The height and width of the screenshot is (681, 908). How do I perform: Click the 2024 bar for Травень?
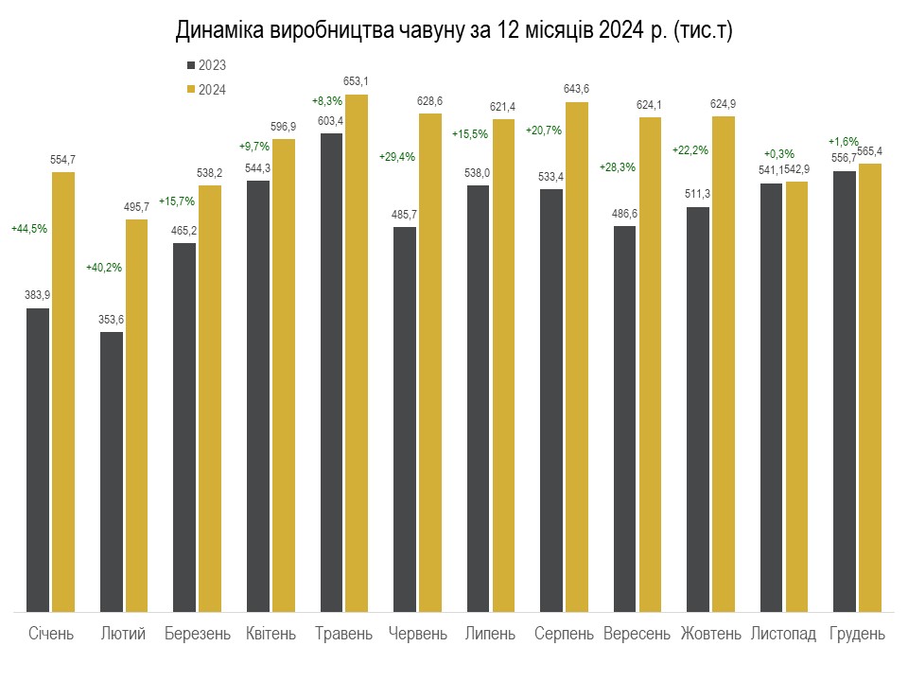coord(357,353)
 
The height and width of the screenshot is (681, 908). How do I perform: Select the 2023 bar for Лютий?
coord(112,472)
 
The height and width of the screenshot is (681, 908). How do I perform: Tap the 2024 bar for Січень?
coord(63,392)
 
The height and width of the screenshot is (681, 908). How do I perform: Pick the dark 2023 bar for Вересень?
coord(625,419)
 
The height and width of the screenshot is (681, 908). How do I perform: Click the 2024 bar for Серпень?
coord(577,357)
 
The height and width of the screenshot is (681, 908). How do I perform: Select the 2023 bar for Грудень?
coord(845,392)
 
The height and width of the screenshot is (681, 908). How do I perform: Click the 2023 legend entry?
coord(207,65)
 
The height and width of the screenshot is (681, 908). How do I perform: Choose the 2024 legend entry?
coord(207,90)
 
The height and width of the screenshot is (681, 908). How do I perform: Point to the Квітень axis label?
coord(271,634)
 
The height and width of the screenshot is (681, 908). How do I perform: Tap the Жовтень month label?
coord(710,634)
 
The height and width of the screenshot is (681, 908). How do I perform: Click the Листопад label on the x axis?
coord(783,634)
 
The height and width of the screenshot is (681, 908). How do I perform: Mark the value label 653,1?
coord(356,81)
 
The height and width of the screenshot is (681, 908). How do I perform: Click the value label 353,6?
coord(112,320)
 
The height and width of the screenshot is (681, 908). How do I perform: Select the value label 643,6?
coord(576,89)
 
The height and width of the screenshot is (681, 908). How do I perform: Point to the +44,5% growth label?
coord(29,229)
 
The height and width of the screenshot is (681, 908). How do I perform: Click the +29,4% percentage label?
coord(397,157)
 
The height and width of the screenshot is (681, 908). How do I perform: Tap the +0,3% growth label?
coord(778,154)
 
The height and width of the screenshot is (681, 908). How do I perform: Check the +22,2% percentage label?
coord(690,150)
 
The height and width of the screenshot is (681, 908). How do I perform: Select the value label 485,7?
coord(404,215)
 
